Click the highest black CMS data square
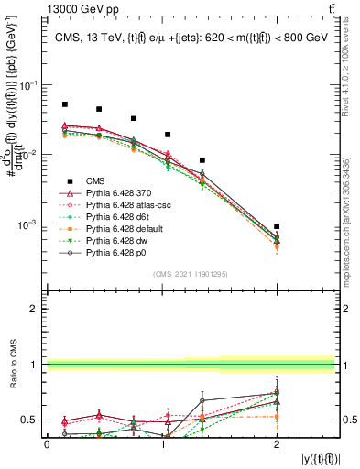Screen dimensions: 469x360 64,104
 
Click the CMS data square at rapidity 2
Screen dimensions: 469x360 277,226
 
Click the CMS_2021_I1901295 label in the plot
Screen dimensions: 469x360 190,273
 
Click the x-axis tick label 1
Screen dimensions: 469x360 162,444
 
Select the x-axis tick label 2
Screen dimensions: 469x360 277,444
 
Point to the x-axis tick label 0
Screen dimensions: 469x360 47,444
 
